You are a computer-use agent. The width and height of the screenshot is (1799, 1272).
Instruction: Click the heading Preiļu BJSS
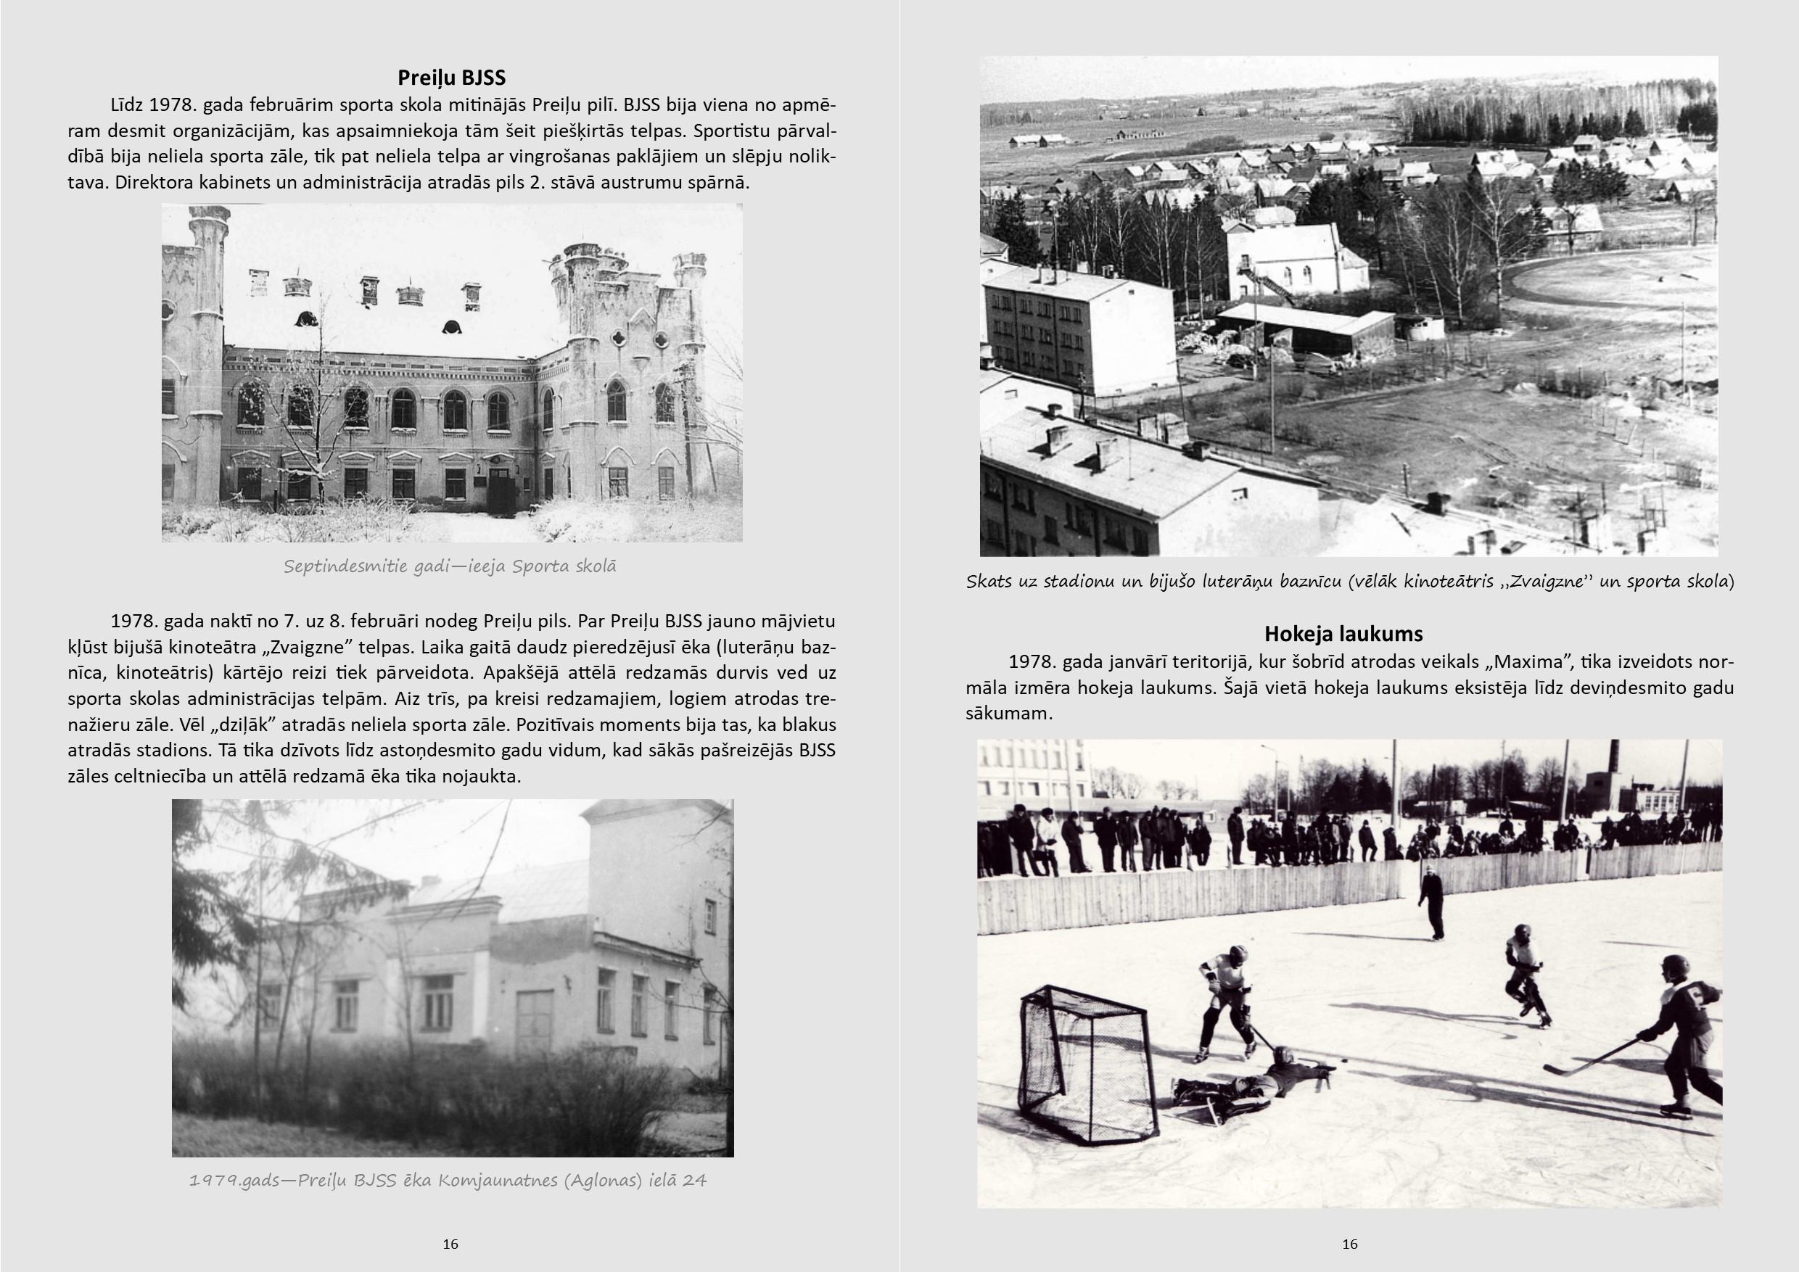click(451, 78)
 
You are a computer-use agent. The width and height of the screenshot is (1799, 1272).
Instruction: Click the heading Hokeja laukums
click(1343, 634)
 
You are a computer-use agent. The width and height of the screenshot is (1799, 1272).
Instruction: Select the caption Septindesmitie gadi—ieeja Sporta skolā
click(450, 566)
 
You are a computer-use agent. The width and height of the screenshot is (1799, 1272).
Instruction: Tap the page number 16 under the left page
click(450, 1244)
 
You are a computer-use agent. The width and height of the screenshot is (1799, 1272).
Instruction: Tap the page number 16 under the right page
click(1349, 1244)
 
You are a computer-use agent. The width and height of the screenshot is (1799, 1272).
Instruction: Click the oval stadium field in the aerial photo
click(1606, 282)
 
